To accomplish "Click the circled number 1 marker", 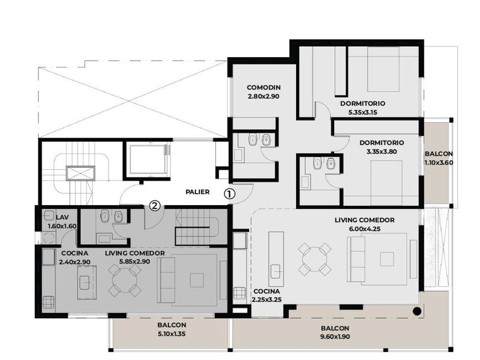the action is click(x=230, y=194).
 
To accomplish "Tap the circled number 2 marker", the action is click(x=155, y=205).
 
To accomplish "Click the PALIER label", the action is click(x=198, y=192).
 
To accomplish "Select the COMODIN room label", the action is click(x=263, y=87).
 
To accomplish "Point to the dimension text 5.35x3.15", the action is click(x=363, y=113).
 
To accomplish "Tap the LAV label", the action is click(x=62, y=217).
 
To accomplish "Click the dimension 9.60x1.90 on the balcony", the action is click(x=335, y=337).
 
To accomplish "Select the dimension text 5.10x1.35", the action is click(x=172, y=334).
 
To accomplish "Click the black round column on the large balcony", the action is click(x=417, y=311).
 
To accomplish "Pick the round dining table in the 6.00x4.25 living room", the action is click(x=315, y=259).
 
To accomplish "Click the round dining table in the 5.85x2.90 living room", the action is click(x=125, y=281).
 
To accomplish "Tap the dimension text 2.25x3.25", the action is click(x=267, y=300).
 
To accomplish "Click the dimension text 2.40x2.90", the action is click(x=74, y=262).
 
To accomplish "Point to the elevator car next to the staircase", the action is click(x=147, y=159).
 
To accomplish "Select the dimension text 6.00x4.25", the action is click(x=365, y=229).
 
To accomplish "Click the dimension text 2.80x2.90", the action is click(x=263, y=97).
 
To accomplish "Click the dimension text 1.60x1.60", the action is click(x=62, y=226).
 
